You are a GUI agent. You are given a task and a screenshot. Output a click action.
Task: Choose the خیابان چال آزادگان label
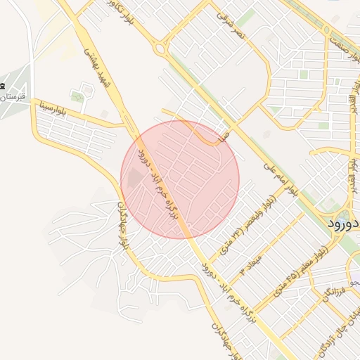pos(333,333)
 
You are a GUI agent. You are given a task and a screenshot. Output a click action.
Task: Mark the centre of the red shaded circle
pos(180,179)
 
